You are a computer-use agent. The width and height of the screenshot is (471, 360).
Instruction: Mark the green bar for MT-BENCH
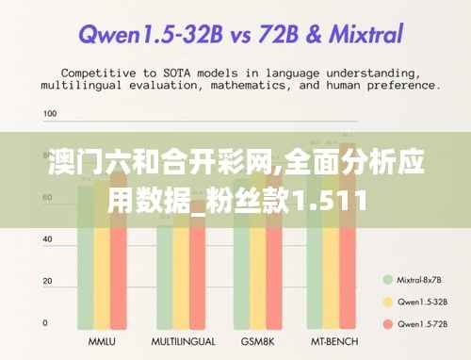[x=318, y=273]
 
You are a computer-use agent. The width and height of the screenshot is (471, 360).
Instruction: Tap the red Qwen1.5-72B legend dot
[x=386, y=324]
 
